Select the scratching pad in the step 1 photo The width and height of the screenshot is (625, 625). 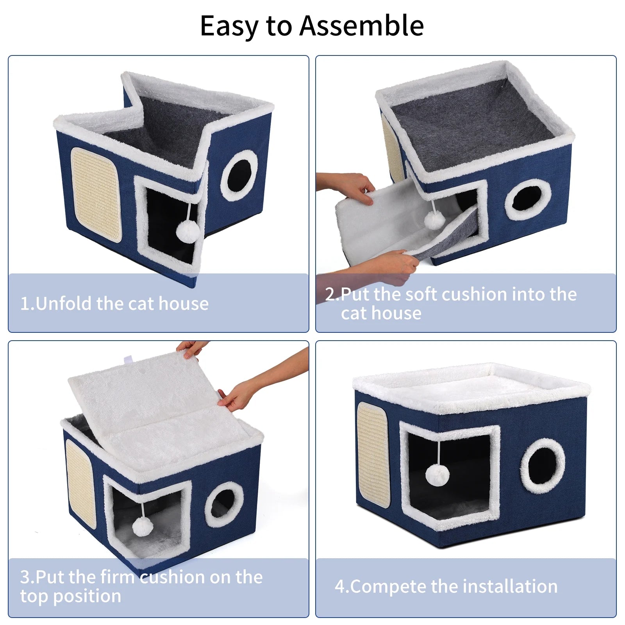[96, 195]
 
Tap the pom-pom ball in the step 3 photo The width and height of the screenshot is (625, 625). [143, 526]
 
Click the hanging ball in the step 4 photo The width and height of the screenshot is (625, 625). [437, 475]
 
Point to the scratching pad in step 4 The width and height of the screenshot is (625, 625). [373, 455]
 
